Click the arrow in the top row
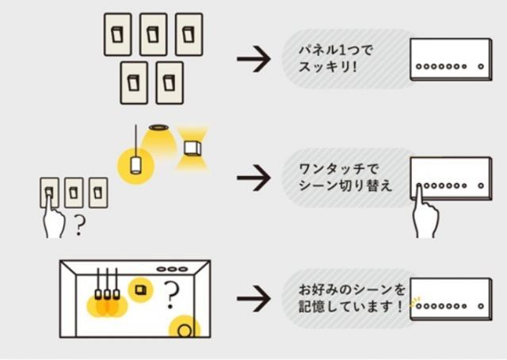click(253, 61)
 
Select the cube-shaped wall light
click(192, 147)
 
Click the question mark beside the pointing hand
click(78, 228)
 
